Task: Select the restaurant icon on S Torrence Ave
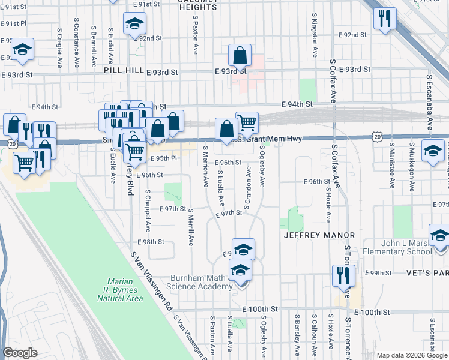tap(343, 275)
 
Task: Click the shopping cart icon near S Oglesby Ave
tap(247, 122)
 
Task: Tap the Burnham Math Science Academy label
tap(200, 282)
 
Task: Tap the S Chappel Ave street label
tap(148, 210)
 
